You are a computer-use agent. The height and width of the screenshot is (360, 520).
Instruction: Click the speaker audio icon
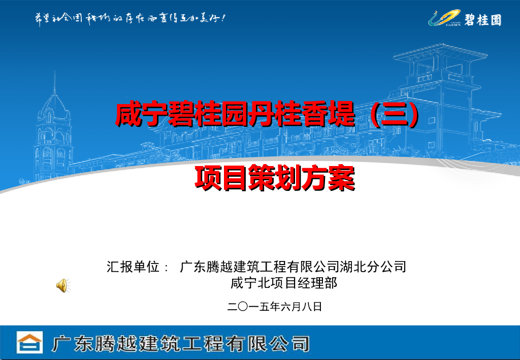coord(61,285)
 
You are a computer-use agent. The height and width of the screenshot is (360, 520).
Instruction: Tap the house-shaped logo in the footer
coord(29,343)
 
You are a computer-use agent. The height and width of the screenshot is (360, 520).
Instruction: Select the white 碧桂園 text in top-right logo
coord(482,20)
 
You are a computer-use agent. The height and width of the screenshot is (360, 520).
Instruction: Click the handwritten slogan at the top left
coord(129,18)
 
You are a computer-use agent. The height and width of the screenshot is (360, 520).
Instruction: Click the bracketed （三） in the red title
coord(395,115)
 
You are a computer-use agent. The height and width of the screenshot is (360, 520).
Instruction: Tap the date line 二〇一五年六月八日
coord(275,307)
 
